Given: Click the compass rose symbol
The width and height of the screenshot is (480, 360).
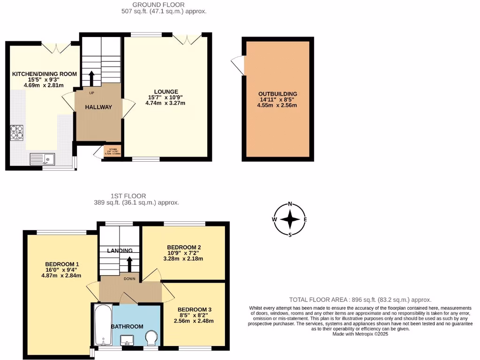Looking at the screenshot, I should pos(290,219).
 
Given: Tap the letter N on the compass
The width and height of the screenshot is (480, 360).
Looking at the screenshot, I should pos(290,204).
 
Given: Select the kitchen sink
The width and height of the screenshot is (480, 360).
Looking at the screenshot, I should pos(42,159).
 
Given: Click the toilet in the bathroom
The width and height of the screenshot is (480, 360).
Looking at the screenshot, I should pos(151,338).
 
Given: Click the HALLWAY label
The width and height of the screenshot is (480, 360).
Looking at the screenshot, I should pos(98,107).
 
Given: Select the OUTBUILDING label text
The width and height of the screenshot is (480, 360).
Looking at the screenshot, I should pos(278,94).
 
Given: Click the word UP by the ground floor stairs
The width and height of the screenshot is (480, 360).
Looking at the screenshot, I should pos(91,93).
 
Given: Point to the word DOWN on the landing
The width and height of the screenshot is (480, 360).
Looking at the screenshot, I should pos(130,278).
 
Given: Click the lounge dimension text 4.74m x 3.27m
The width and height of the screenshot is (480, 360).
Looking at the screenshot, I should pos(165,103).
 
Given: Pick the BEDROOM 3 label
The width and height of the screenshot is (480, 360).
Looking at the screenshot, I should pos(194,310).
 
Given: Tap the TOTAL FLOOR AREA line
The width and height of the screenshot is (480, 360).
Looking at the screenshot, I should pos(360,300).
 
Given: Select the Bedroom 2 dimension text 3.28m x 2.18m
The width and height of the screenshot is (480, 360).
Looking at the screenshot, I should pos(184,258).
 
